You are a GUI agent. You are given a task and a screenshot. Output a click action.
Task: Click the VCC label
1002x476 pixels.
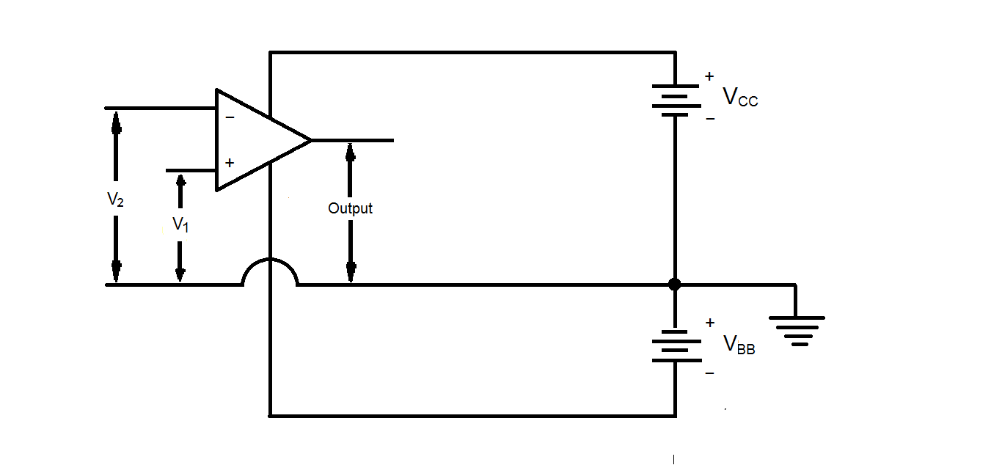[x=740, y=97]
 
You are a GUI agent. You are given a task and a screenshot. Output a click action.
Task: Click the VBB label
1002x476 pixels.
[x=739, y=344]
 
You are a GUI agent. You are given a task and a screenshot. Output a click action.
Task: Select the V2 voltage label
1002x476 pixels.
[x=115, y=199]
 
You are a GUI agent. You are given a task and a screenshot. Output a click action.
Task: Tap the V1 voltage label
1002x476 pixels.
[x=180, y=224]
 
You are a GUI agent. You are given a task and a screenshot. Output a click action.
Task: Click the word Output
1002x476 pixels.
[x=350, y=208]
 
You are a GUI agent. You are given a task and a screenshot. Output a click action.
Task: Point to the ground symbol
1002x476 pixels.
[x=797, y=329]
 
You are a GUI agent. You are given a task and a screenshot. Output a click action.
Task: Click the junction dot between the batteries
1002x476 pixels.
[x=675, y=285]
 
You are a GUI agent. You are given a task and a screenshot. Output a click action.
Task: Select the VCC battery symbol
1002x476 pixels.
[x=675, y=100]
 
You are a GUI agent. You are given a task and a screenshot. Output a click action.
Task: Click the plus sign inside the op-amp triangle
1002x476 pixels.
[x=230, y=163]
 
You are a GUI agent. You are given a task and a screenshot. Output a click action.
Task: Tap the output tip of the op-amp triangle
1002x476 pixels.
[x=310, y=139]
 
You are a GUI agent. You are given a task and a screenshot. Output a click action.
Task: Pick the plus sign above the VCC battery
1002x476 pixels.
[x=709, y=76]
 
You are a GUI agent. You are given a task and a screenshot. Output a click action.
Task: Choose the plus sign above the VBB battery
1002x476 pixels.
[x=709, y=323]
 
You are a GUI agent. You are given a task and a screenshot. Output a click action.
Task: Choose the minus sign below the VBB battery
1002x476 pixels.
[x=709, y=373]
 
